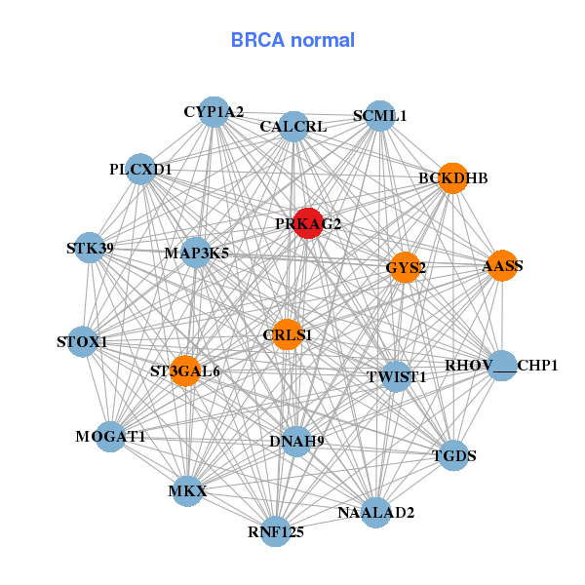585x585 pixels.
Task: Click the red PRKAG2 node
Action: tap(308, 223)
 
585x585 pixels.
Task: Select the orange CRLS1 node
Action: tap(287, 334)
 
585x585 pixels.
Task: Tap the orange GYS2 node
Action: tap(405, 267)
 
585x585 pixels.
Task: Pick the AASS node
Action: tap(502, 266)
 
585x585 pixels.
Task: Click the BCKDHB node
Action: tap(452, 178)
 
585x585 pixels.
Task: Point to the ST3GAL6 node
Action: tap(185, 371)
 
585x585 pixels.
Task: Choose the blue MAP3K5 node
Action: tap(196, 253)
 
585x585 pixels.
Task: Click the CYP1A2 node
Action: tap(214, 112)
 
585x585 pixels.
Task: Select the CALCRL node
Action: tap(293, 126)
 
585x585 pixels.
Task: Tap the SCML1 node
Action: tap(379, 116)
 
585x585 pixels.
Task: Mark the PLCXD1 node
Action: tap(141, 170)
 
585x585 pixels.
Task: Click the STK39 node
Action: tap(90, 248)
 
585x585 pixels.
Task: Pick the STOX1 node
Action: tap(83, 342)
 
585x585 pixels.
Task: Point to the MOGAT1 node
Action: tap(110, 437)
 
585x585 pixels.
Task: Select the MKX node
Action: tap(188, 490)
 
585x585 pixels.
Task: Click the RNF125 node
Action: tap(276, 531)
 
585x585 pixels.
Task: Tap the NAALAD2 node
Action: tap(376, 512)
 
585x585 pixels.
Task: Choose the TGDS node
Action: tap(453, 454)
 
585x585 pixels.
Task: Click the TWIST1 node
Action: tap(396, 376)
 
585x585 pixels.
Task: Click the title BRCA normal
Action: tap(292, 40)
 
